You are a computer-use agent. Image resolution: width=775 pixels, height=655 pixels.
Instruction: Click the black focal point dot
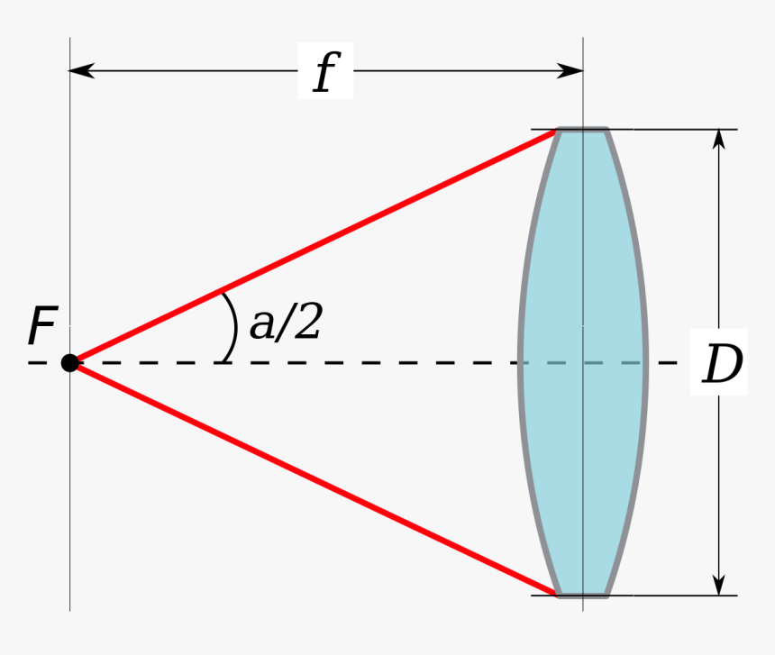coord(69,363)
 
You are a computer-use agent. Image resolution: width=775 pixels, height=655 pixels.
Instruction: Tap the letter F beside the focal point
coord(41,327)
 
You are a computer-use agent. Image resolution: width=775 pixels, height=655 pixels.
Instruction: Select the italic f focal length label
coord(325,73)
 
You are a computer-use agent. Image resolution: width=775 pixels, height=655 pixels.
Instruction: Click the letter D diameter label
coord(721,366)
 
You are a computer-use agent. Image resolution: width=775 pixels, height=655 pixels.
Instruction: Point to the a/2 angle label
coord(285,323)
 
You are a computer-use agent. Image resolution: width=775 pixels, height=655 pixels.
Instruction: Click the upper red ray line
coord(315,246)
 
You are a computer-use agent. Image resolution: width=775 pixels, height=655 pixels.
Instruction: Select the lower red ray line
coord(315,479)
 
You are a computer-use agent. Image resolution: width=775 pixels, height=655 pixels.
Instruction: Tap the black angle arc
coord(233,326)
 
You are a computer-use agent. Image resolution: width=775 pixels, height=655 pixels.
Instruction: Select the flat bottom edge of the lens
coord(582,595)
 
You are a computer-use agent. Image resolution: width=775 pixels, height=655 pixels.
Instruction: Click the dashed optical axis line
coord(360,363)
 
